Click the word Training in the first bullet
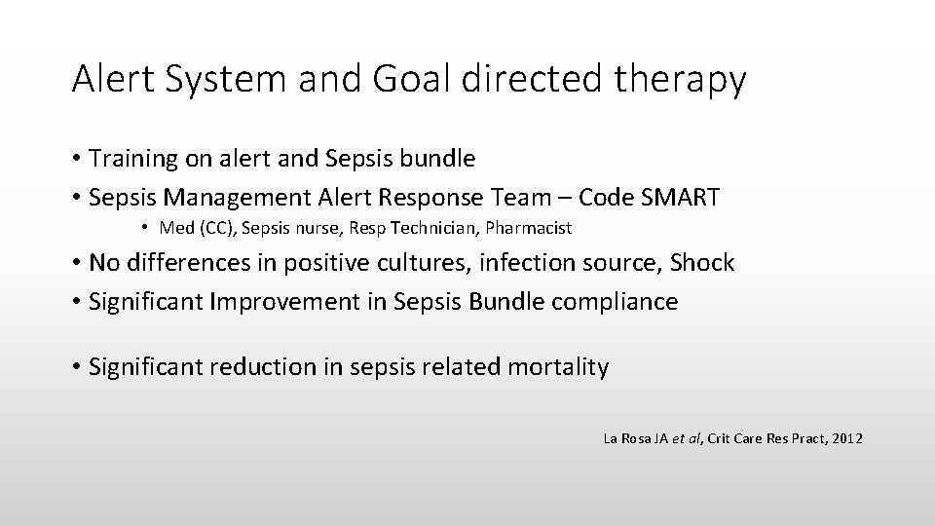(131, 159)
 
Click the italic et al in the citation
(686, 439)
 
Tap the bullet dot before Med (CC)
(142, 229)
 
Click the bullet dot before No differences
(76, 263)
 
